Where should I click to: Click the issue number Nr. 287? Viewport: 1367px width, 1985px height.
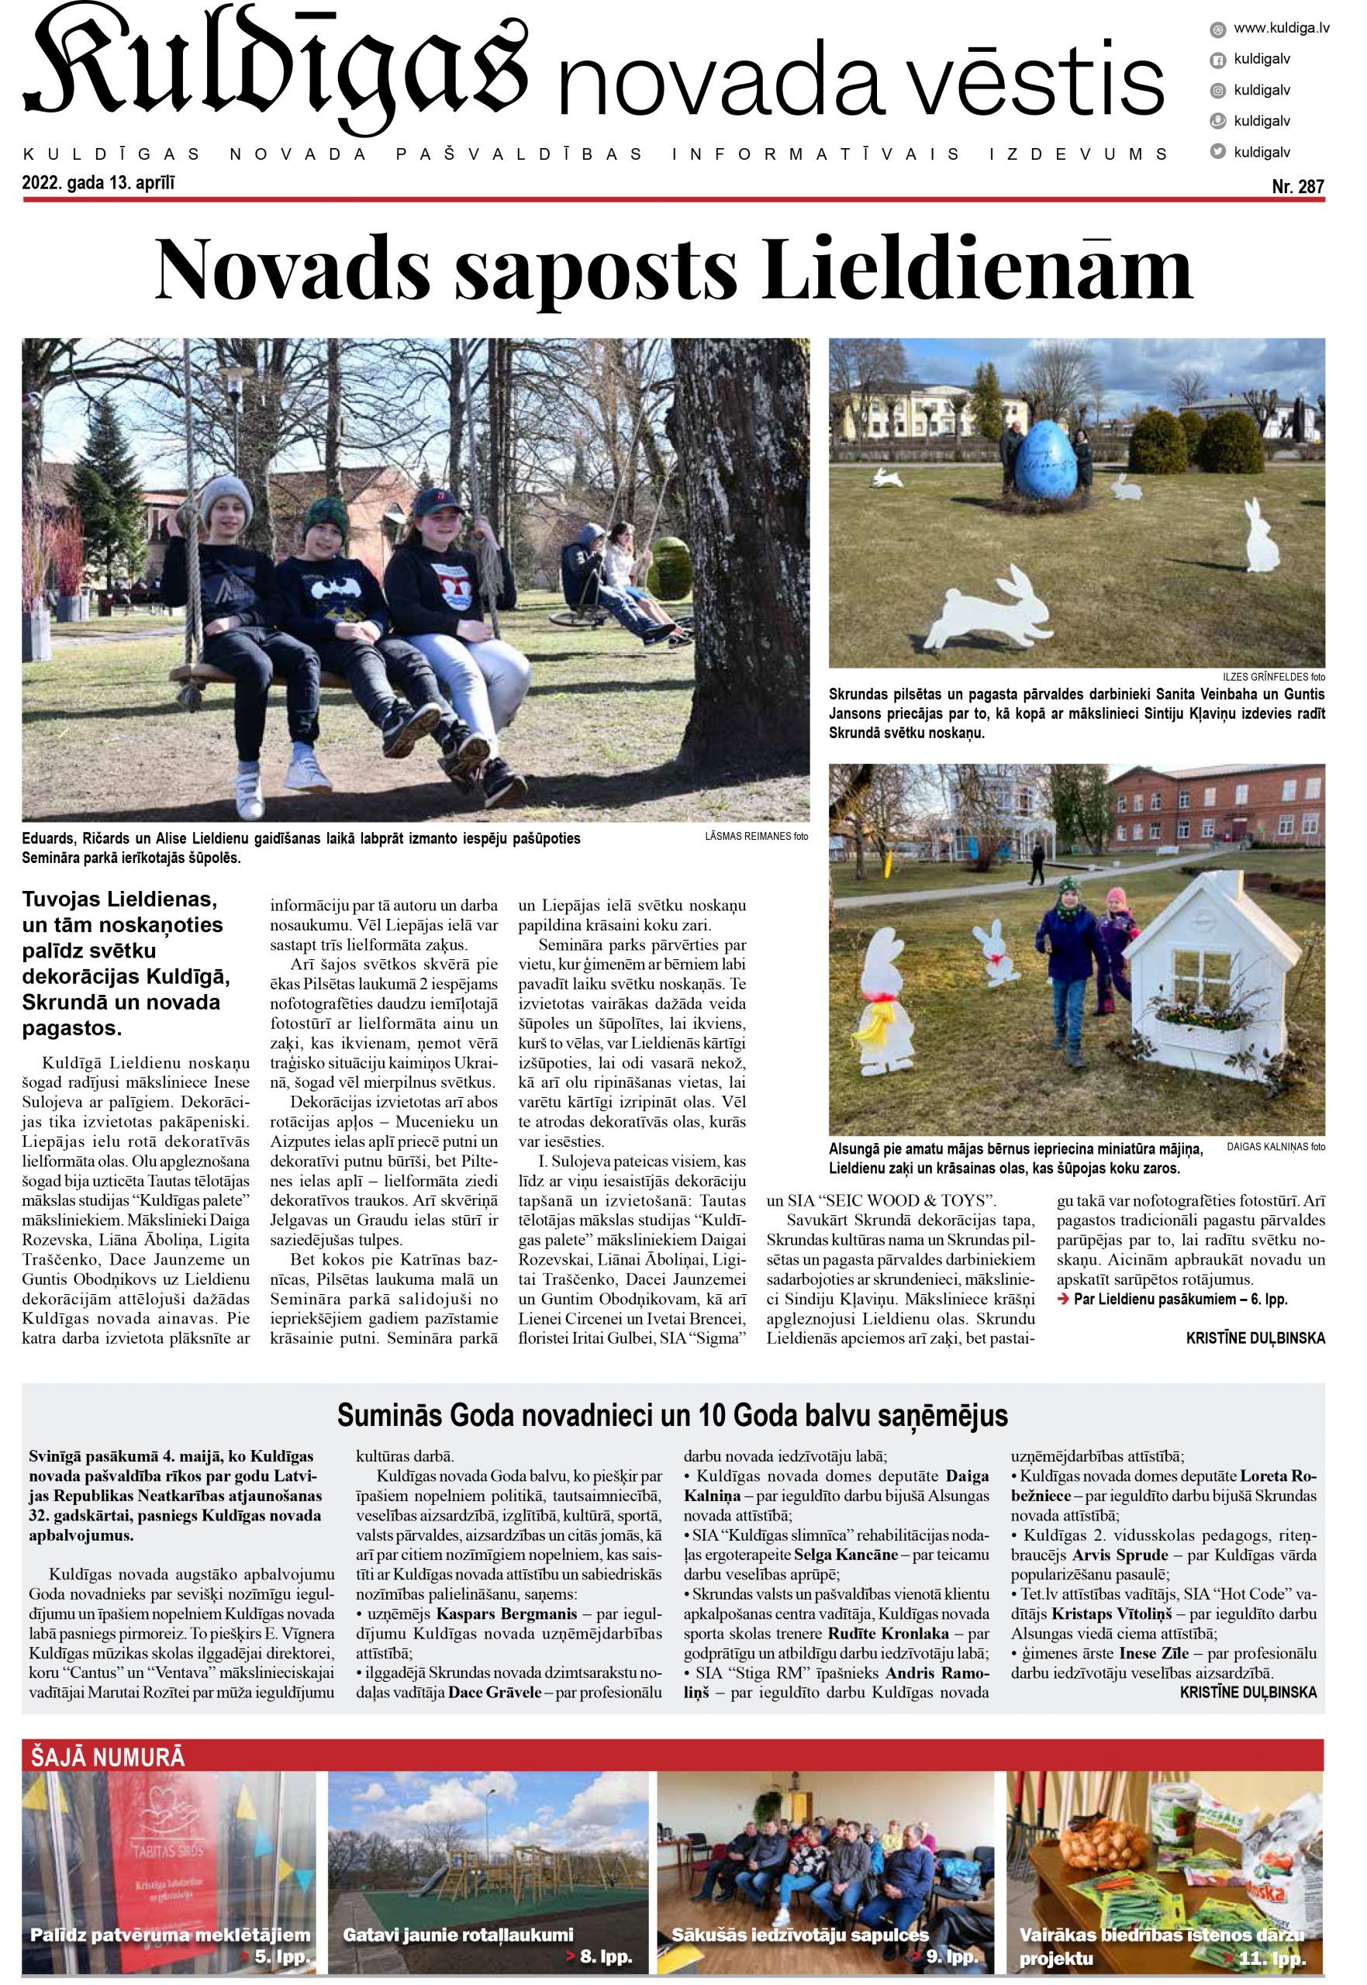pos(1298,186)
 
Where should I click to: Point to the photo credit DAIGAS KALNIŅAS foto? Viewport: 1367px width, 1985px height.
pos(1276,1147)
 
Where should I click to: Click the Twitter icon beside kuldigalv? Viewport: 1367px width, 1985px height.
pos(1214,151)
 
